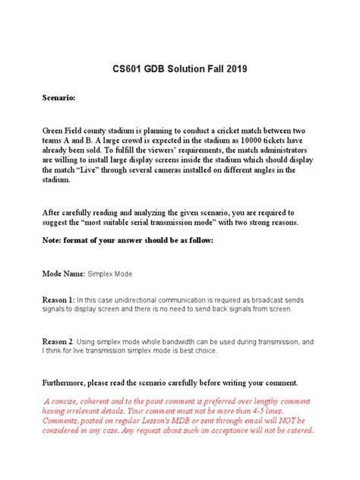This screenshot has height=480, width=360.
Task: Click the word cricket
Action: pos(226,130)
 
